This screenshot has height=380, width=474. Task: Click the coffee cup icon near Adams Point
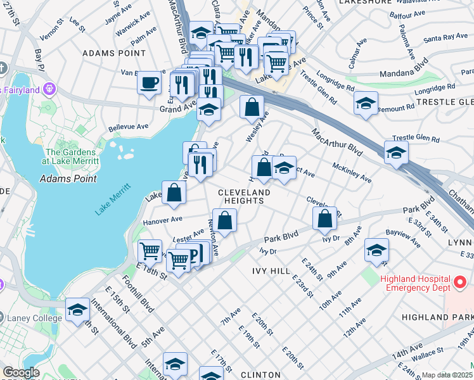tap(148, 83)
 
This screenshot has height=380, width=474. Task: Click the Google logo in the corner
tap(21, 372)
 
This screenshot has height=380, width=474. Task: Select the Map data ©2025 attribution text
tap(447, 375)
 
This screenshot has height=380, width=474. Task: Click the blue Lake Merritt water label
tap(113, 198)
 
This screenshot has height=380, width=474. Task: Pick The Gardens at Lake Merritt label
tap(71, 156)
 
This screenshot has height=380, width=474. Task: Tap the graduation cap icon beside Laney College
tap(77, 310)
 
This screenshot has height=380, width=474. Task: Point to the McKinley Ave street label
tap(352, 172)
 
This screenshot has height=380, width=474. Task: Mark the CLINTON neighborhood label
tap(261, 375)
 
